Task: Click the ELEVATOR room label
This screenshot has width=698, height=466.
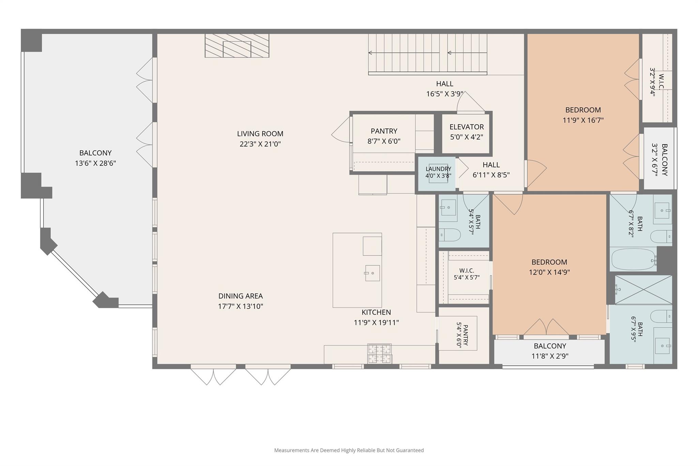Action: [467, 127]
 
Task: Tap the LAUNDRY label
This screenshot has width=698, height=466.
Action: [438, 169]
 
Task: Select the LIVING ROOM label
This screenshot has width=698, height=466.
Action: [260, 134]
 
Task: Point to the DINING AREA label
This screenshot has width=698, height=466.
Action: [240, 296]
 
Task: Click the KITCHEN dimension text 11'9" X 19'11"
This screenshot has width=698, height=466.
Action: [376, 323]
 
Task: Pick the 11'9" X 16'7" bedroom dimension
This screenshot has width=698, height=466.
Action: [583, 120]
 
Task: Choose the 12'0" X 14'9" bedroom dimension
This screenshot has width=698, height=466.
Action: [549, 272]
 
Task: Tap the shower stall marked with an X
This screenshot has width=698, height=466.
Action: [643, 290]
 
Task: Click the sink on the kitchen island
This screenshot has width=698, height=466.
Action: [372, 273]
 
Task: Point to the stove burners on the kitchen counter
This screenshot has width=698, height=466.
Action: [379, 354]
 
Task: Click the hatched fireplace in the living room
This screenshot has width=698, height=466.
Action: [237, 45]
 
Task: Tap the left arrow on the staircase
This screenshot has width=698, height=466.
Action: [404, 53]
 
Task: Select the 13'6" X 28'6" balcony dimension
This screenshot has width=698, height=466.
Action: [95, 163]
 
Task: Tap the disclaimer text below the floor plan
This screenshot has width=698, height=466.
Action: [349, 450]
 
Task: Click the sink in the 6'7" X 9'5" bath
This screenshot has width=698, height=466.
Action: [662, 345]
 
